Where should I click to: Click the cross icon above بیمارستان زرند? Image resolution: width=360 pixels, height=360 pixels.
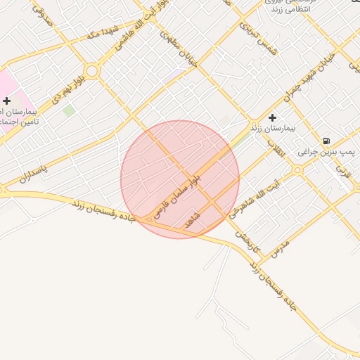click(272, 117)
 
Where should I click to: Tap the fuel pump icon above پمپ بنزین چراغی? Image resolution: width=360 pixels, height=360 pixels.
click(327, 141)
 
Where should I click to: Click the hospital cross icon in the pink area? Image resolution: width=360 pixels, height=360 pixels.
click(7, 101)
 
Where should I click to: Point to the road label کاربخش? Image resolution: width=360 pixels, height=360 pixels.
click(248, 242)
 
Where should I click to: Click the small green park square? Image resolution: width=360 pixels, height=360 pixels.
click(68, 110)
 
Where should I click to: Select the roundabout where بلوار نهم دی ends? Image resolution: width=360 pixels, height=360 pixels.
click(93, 70)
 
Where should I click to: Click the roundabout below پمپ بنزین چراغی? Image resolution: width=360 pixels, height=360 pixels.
click(297, 169)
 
